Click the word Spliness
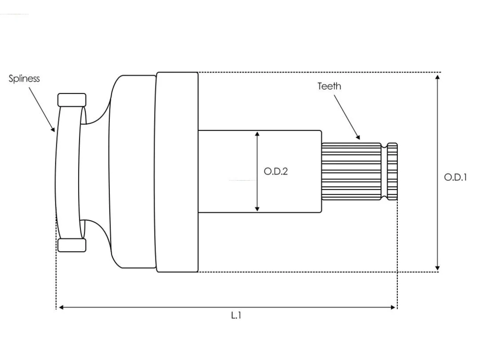click(x=24, y=79)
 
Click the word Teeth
click(x=329, y=86)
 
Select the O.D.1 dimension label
click(x=455, y=177)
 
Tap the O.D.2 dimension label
click(x=276, y=171)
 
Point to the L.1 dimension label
click(x=236, y=315)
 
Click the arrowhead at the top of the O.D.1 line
click(x=437, y=77)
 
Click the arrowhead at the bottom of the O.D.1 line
click(x=437, y=268)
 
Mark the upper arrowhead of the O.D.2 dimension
click(x=257, y=134)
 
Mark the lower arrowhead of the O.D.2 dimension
click(x=257, y=209)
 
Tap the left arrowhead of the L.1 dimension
click(x=61, y=307)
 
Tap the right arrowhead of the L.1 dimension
click(x=393, y=307)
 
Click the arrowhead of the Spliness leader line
click(x=53, y=130)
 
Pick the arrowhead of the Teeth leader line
click(x=358, y=137)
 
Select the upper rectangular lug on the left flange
click(x=72, y=100)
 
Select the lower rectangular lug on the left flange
click(x=72, y=245)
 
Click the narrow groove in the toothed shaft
click(x=384, y=172)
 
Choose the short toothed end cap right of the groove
click(x=392, y=172)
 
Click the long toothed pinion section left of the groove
click(x=351, y=172)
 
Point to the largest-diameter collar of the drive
click(x=177, y=172)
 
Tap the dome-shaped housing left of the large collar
click(x=132, y=172)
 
